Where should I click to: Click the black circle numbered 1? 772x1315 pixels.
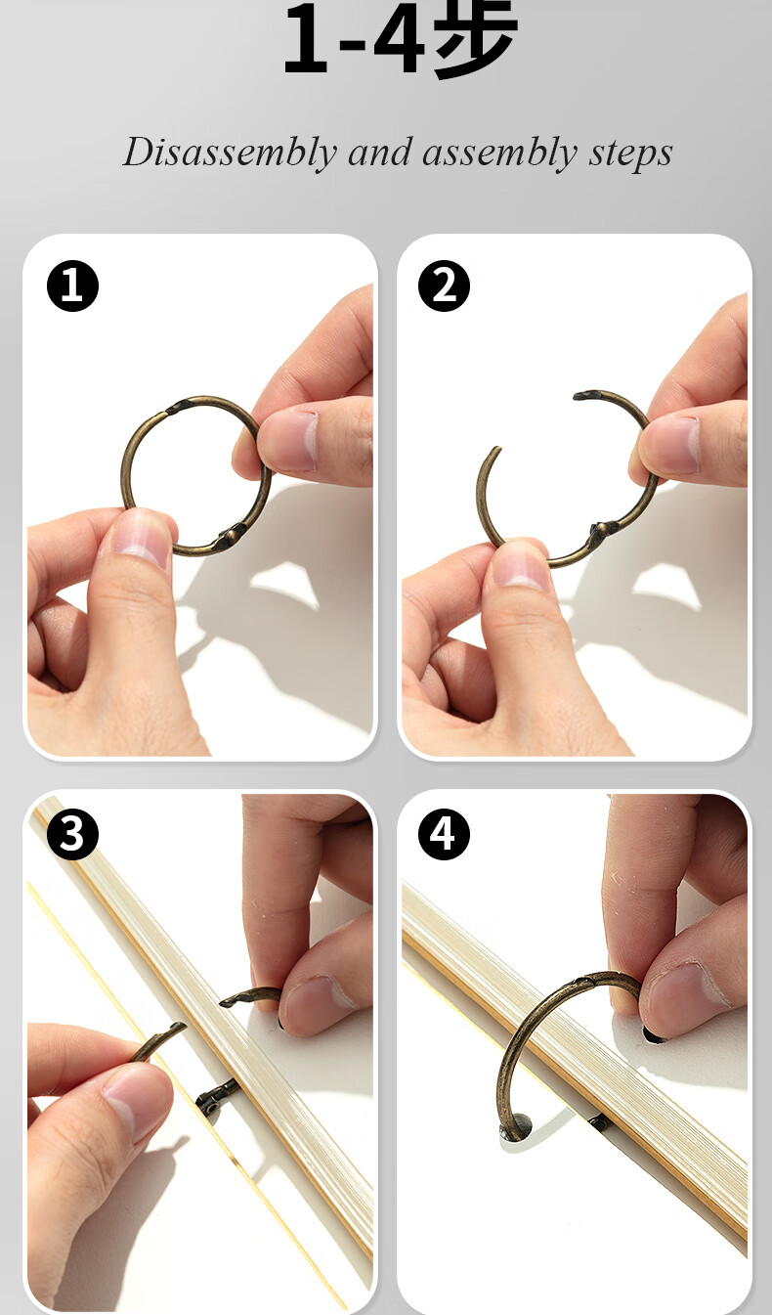(x=72, y=285)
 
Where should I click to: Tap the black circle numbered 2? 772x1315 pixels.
(x=444, y=285)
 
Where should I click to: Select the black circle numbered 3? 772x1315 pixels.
(x=72, y=834)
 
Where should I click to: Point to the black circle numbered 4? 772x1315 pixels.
(x=444, y=834)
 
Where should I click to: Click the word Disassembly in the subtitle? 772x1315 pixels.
(x=230, y=153)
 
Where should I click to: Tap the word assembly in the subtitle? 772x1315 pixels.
(x=499, y=153)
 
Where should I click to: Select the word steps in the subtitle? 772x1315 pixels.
(x=630, y=153)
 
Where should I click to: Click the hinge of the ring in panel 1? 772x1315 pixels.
(x=233, y=535)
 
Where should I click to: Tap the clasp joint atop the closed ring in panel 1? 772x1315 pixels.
(x=176, y=408)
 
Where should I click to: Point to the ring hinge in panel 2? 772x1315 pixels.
(x=604, y=531)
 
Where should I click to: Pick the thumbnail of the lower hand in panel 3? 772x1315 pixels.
(x=138, y=1104)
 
